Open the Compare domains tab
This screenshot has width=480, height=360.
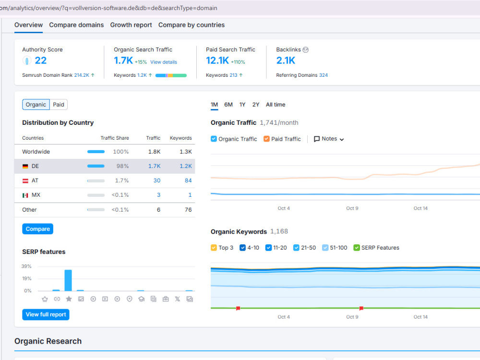tap(76, 25)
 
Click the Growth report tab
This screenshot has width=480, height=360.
tap(131, 25)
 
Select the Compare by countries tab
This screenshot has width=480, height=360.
tap(192, 25)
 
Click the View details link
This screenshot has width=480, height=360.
tap(164, 62)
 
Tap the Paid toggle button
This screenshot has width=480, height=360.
tap(59, 105)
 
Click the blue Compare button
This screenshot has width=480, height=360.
tap(37, 229)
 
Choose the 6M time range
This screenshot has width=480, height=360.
tap(228, 105)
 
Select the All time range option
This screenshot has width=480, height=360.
tap(276, 105)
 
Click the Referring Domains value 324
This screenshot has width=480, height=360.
tap(323, 75)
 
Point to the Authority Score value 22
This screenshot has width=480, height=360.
tap(41, 60)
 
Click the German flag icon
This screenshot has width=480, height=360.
tap(25, 166)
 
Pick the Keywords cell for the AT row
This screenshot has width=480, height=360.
tap(188, 180)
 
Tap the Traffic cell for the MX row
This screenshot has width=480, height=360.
tap(158, 195)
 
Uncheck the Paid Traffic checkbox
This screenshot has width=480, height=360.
tap(266, 139)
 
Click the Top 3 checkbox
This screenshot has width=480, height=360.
tap(214, 248)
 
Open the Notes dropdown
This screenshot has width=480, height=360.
tap(329, 139)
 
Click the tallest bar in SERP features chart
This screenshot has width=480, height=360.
tap(68, 280)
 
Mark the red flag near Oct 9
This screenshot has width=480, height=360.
tap(361, 308)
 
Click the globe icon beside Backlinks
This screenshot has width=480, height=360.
tap(305, 50)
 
